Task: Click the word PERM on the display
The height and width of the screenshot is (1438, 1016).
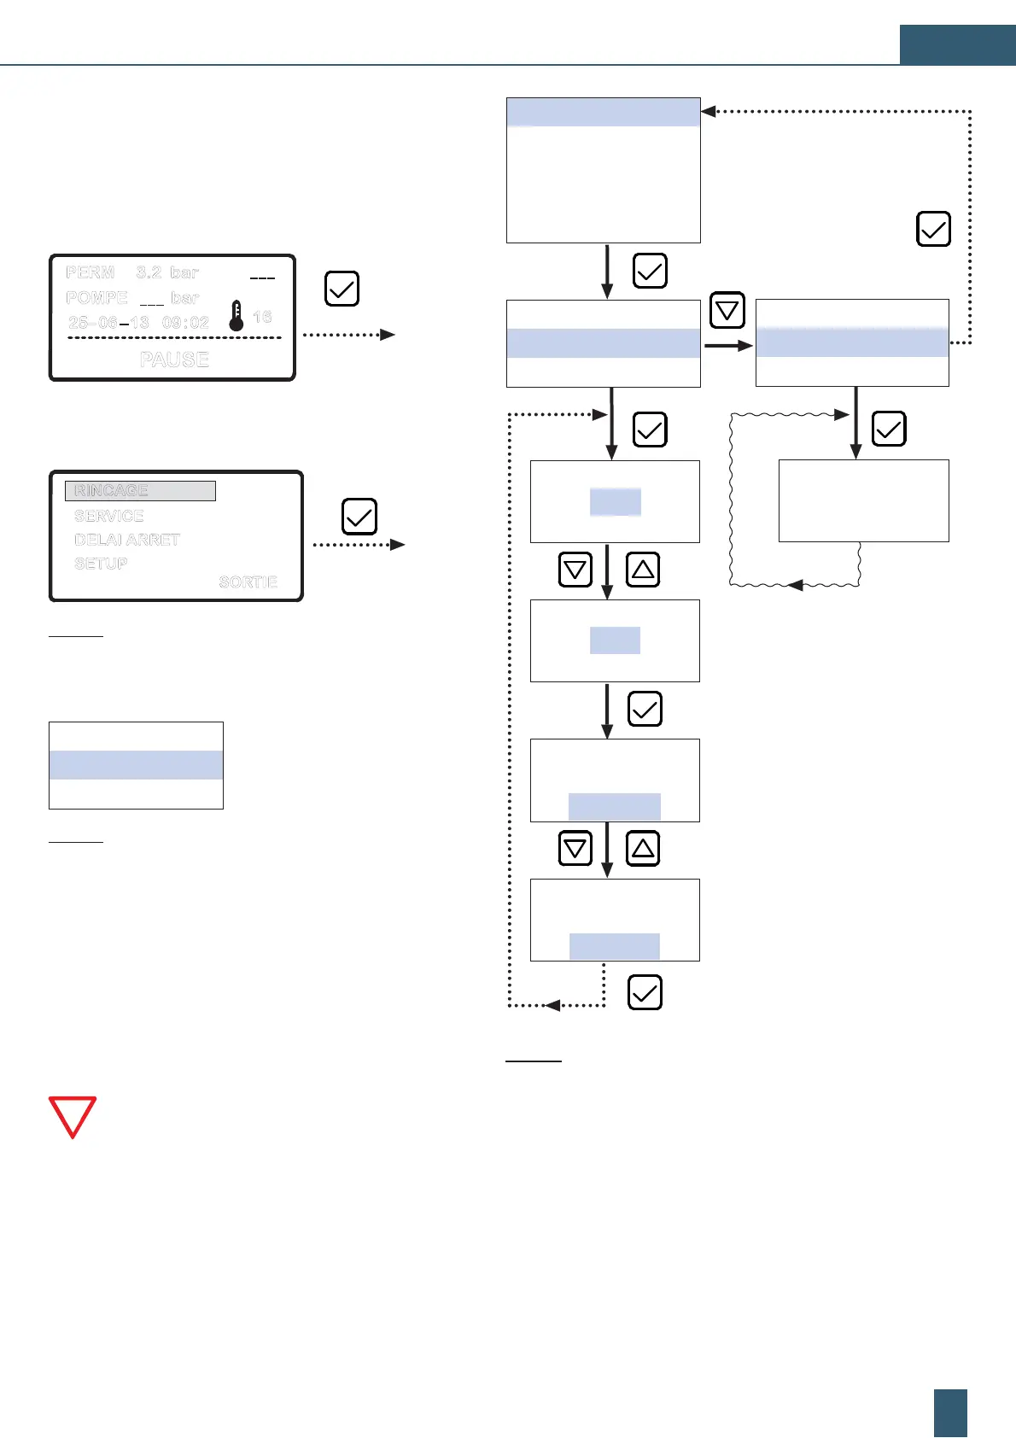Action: pos(91,272)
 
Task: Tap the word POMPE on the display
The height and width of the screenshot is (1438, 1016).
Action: pos(96,298)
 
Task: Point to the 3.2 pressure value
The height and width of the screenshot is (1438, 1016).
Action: pos(149,272)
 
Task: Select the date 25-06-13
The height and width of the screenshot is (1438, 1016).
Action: pos(108,323)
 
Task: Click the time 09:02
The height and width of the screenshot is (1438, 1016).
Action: pos(185,323)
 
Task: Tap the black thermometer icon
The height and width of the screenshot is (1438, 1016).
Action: pos(236,316)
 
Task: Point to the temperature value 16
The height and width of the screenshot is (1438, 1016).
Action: pos(262,317)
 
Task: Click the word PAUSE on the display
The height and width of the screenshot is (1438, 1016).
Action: pos(174,359)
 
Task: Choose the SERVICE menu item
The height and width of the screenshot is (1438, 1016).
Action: pos(108,516)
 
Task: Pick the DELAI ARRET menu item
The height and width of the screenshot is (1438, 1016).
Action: pos(127,540)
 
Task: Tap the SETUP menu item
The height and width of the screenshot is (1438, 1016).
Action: pos(101,564)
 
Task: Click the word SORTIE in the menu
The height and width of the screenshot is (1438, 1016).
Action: pos(248,582)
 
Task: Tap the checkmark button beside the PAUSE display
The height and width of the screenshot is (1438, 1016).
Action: pos(342,289)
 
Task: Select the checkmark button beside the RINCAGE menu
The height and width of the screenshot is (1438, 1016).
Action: pos(359,517)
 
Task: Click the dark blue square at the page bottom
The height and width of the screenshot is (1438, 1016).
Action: pos(950,1413)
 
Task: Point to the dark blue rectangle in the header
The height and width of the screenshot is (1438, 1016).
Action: pos(957,44)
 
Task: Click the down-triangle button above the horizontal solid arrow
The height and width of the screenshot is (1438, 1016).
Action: pos(727,310)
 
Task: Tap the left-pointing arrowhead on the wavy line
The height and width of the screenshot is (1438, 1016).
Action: pos(795,586)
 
